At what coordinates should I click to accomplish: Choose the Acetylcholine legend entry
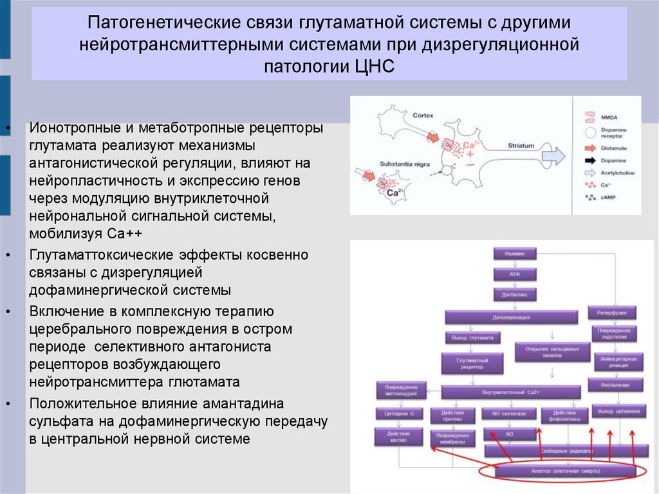[617, 173]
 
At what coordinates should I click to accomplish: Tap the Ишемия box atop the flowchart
[515, 253]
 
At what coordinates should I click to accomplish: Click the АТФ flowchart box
[515, 274]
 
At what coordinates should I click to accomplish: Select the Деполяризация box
[515, 316]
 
